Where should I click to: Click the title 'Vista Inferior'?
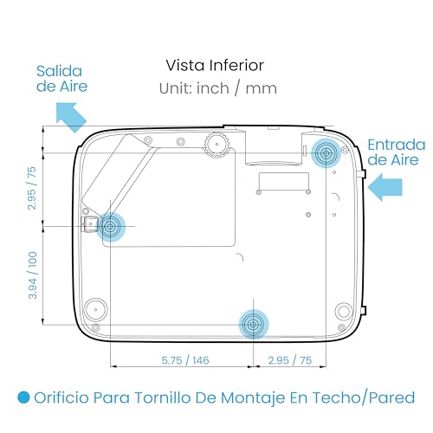[x=215, y=65]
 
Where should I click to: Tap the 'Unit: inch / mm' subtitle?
[x=218, y=88]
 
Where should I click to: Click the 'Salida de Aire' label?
[x=61, y=79]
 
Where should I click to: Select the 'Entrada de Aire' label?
[x=397, y=152]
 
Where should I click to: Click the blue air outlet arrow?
[x=71, y=116]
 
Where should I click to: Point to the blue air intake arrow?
[x=385, y=187]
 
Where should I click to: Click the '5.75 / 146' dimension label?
[x=185, y=360]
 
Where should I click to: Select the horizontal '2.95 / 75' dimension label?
[x=290, y=360]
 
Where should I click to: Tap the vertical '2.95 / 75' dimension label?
[x=32, y=188]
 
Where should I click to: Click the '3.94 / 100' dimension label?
[x=33, y=275]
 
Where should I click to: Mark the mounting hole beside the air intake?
[x=326, y=153]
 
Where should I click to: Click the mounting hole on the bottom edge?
[x=253, y=325]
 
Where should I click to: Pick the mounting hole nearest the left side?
[x=110, y=227]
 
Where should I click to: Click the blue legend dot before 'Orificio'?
[x=23, y=397]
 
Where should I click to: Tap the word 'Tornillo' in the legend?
[x=164, y=397]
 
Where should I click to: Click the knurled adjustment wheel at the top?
[x=216, y=145]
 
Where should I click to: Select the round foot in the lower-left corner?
[x=95, y=310]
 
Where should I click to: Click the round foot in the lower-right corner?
[x=344, y=311]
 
